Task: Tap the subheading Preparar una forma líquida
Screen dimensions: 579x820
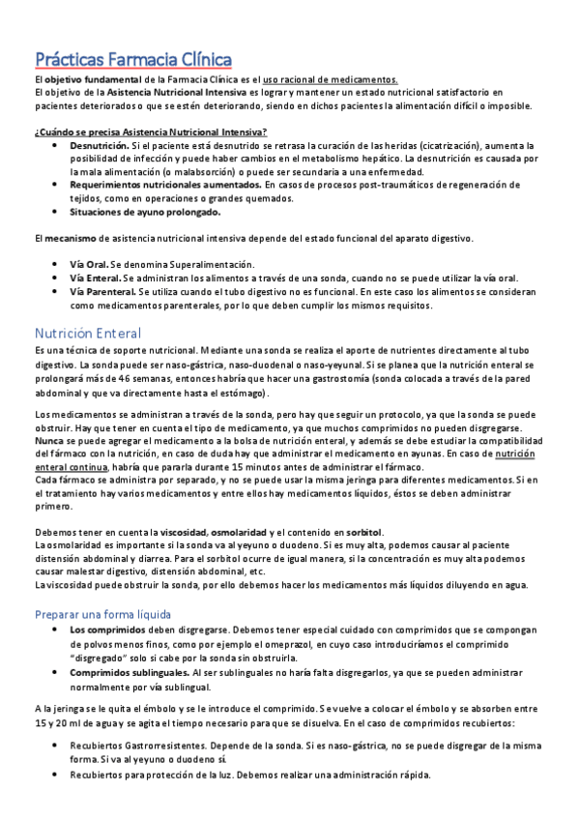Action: [102, 614]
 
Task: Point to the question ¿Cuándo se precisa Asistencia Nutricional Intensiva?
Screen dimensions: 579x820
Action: [151, 132]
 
